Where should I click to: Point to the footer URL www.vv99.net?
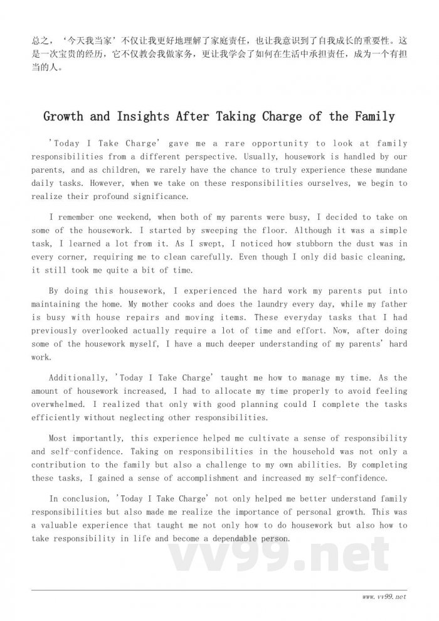point(384,596)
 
